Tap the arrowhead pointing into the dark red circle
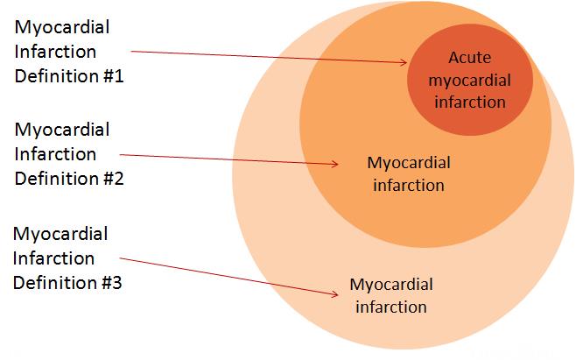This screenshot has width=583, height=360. pyautogui.click(x=404, y=62)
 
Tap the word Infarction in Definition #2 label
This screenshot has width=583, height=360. pyautogui.click(x=55, y=154)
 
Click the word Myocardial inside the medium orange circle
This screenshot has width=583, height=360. pyautogui.click(x=409, y=163)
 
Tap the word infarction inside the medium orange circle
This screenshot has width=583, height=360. pyautogui.click(x=409, y=185)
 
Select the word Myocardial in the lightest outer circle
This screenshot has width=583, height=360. pyautogui.click(x=391, y=285)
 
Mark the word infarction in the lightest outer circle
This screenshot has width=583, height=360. pyautogui.click(x=391, y=307)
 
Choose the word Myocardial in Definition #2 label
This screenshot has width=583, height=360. pyautogui.click(x=61, y=130)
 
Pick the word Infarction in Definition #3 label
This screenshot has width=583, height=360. pyautogui.click(x=54, y=258)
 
